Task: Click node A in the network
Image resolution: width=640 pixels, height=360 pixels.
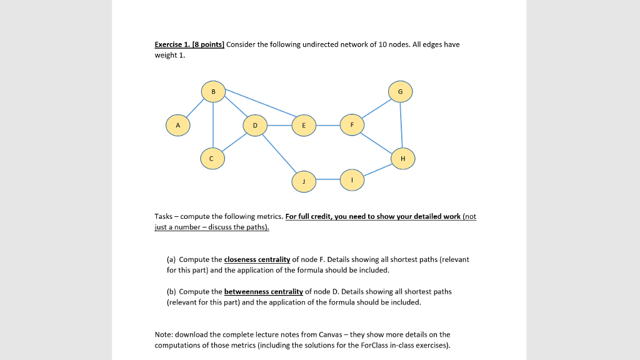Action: [x=178, y=125]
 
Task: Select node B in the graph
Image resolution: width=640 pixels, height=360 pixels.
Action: [x=213, y=91]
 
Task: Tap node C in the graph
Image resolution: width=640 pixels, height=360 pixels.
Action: [x=212, y=159]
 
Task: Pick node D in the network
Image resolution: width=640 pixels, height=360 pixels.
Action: [x=254, y=125]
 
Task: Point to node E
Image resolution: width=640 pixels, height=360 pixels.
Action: [x=304, y=125]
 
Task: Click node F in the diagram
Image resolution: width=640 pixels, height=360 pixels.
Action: [x=352, y=124]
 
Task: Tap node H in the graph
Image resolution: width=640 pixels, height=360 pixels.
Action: [x=402, y=159]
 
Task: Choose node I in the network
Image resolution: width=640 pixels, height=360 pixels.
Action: [x=352, y=180]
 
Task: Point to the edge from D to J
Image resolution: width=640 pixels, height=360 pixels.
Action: [x=279, y=153]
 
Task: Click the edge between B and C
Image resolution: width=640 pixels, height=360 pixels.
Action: [x=213, y=125]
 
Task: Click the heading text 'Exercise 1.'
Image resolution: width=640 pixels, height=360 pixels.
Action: [x=172, y=44]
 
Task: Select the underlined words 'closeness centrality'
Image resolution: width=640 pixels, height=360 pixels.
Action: [x=257, y=259]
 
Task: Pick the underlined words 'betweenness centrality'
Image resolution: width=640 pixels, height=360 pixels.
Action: [x=263, y=291]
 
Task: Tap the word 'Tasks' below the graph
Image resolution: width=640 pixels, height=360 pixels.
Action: [x=164, y=216]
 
